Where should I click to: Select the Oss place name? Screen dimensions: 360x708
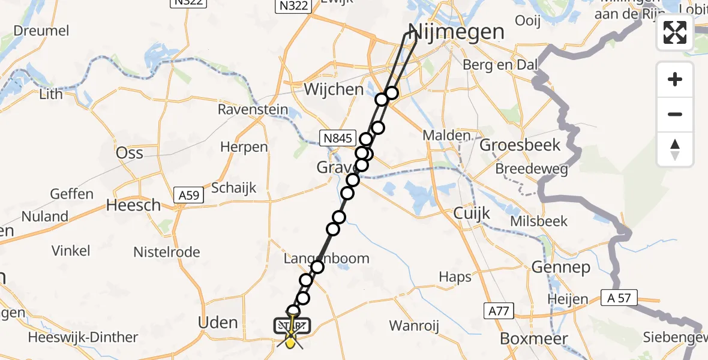[x=130, y=152]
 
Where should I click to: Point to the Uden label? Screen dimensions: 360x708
[x=218, y=323]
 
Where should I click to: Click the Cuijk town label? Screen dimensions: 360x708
[x=472, y=213]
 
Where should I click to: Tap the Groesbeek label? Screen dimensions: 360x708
[x=520, y=145]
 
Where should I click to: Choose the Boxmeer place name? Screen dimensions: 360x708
[x=534, y=339]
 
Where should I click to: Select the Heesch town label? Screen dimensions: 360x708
[x=133, y=205]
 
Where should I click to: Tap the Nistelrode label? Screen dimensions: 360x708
[x=167, y=252]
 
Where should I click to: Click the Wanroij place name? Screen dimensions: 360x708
[x=415, y=326]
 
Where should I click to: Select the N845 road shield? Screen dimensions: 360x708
[x=338, y=137]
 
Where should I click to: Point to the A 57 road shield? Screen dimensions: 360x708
[x=619, y=297]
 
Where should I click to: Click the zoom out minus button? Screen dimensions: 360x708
[x=675, y=114]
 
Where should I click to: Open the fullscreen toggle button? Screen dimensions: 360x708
[x=675, y=32]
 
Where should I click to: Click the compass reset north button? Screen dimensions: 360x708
[x=675, y=149]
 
